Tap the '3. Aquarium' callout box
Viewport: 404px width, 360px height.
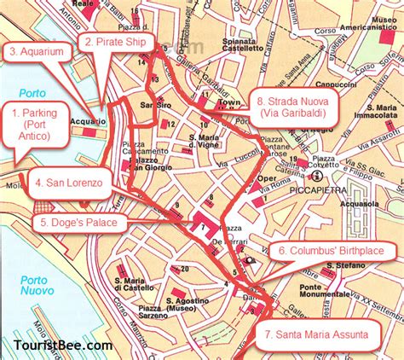pyautogui.click(x=38, y=51)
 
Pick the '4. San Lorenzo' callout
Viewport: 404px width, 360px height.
pyautogui.click(x=69, y=183)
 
